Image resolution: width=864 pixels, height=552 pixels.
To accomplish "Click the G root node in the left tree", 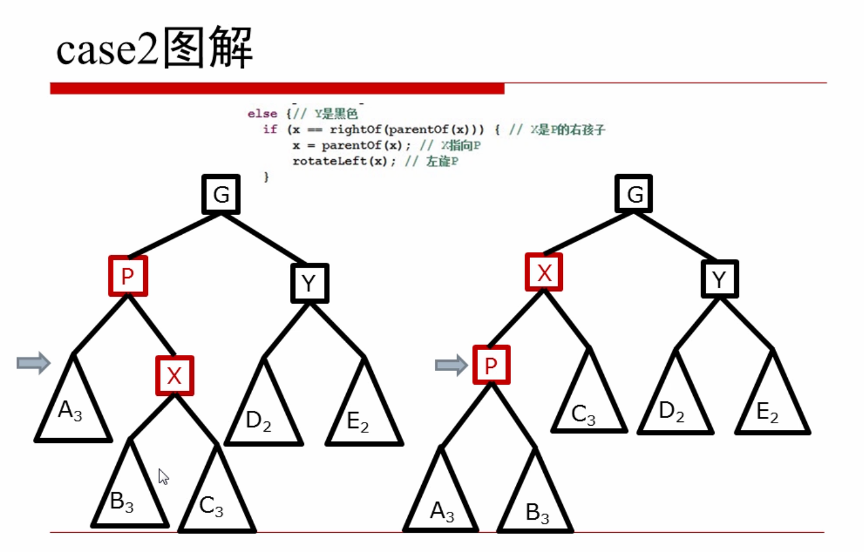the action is point(221,195).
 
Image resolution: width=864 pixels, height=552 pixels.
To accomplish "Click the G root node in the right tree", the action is point(633,193).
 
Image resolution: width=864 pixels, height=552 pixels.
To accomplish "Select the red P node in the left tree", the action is point(128,276).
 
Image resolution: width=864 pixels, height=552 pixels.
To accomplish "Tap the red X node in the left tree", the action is point(175,375).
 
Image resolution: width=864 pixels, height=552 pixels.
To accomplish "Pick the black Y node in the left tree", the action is point(309,283).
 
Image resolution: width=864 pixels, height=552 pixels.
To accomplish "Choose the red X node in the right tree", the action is point(544,272).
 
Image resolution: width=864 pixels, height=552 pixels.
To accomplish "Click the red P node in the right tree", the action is point(491,365).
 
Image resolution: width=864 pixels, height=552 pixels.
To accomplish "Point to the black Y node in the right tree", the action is point(719,279).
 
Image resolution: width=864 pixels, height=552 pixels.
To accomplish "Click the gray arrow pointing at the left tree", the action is point(33,362).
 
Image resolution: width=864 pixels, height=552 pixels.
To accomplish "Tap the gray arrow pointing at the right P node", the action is point(451,365).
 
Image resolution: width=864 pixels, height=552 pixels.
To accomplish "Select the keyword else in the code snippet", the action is point(262,113).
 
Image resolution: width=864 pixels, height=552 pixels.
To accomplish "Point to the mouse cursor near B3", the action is point(164,476).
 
